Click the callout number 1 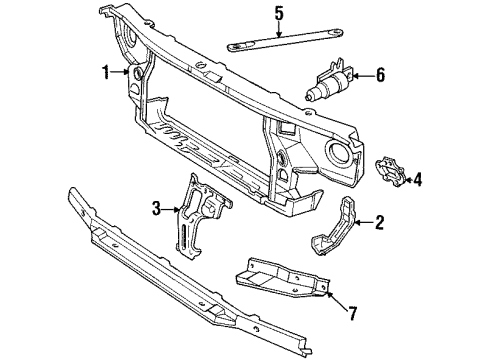[105, 73]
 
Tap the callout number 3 [155, 209]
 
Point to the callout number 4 [418, 180]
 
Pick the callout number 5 [279, 13]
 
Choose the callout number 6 [381, 74]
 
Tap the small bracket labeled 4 [390, 173]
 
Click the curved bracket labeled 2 [336, 229]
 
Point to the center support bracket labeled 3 [199, 215]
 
